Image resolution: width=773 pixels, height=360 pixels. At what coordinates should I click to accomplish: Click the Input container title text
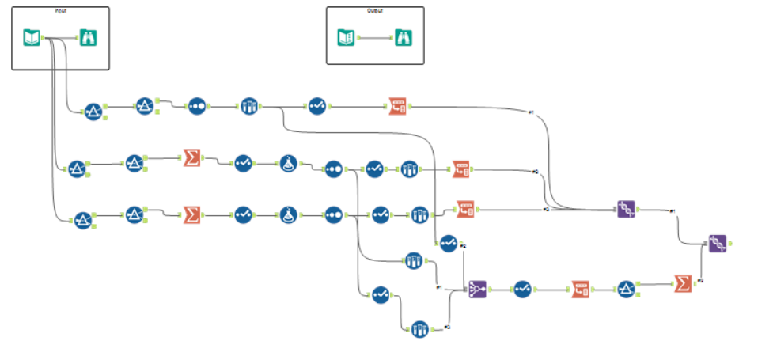coord(60,11)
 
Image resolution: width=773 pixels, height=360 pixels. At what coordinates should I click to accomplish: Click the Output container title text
coord(375,11)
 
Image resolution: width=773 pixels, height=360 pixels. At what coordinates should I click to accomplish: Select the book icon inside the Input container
coord(32,36)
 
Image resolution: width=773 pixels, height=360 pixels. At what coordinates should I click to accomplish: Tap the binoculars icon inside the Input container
coord(87,37)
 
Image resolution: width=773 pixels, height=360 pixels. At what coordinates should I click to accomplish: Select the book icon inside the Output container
coord(347,37)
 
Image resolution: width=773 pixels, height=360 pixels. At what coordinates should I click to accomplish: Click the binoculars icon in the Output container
coord(404,37)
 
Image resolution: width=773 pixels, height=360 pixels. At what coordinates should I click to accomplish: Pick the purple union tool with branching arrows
coord(477,290)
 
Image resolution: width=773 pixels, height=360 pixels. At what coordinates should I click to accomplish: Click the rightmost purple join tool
coord(718,244)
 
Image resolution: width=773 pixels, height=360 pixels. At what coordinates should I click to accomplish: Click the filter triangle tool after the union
coord(625,290)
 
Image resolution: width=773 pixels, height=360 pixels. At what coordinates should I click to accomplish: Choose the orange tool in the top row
coord(397,106)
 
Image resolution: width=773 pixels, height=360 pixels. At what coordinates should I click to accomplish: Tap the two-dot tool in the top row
coord(197,107)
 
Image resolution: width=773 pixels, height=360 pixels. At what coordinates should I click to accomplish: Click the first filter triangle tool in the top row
coord(93,112)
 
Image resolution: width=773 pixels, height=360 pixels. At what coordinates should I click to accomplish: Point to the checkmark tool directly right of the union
coord(522,290)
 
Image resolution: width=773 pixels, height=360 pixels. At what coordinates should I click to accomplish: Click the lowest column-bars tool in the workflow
coord(419,328)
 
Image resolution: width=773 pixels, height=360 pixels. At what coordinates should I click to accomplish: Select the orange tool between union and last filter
coord(581,290)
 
